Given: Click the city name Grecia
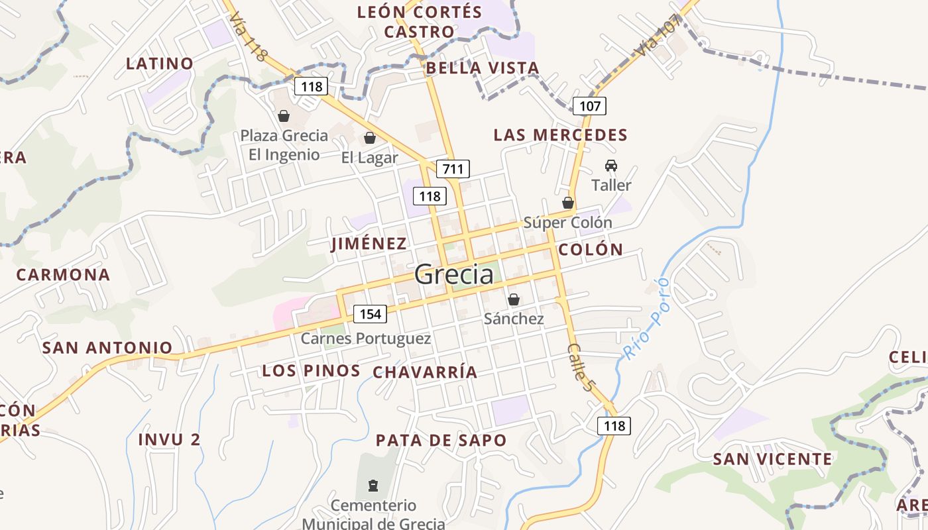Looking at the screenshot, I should [454, 274].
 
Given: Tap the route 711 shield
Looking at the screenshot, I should [453, 169].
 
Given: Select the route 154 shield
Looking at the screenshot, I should [370, 313].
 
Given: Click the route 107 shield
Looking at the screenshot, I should [589, 106].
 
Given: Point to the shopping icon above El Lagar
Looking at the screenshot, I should [370, 138].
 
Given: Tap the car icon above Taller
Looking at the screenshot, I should [610, 166].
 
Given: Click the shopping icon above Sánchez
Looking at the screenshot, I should [513, 299].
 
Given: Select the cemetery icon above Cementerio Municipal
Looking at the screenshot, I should [373, 486].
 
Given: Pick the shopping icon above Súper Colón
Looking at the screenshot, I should [568, 203].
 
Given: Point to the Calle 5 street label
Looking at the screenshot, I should [579, 367].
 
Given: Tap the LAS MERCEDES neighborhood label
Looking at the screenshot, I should [560, 135].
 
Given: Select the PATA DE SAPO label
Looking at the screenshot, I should [441, 441].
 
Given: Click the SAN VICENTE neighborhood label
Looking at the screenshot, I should [772, 459].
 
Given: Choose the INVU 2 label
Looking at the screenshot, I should [169, 439].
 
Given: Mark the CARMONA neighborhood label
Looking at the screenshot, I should [63, 275].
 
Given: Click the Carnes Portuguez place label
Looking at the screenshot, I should [366, 339].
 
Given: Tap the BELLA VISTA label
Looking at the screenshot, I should [483, 68].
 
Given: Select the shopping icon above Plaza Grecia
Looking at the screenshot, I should [284, 116].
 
